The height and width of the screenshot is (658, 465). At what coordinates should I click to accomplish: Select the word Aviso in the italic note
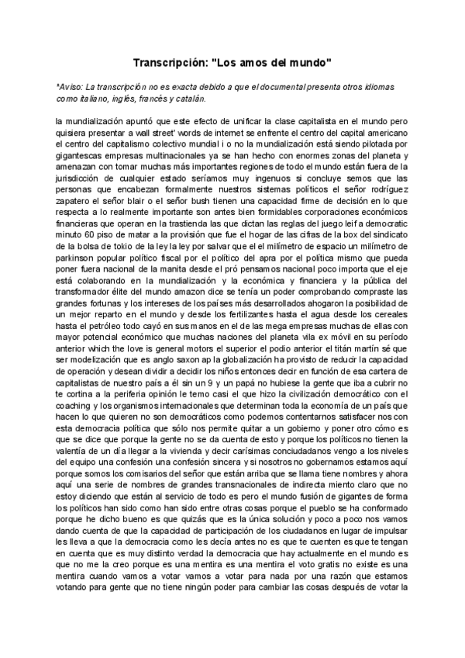(71, 88)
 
